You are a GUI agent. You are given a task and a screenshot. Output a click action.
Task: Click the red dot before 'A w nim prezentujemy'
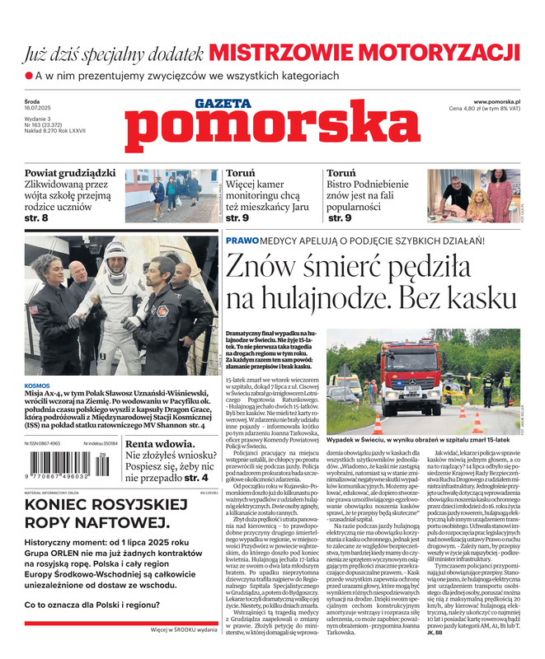28,76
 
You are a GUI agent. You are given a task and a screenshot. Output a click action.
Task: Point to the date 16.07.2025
39,109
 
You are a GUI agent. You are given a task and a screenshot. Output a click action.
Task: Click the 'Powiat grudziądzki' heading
70,174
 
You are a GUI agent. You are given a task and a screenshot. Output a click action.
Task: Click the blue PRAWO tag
242,241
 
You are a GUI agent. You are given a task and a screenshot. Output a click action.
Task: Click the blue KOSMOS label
37,385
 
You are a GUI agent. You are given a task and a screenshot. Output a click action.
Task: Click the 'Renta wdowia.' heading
161,443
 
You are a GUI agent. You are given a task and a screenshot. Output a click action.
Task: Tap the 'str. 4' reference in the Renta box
195,477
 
